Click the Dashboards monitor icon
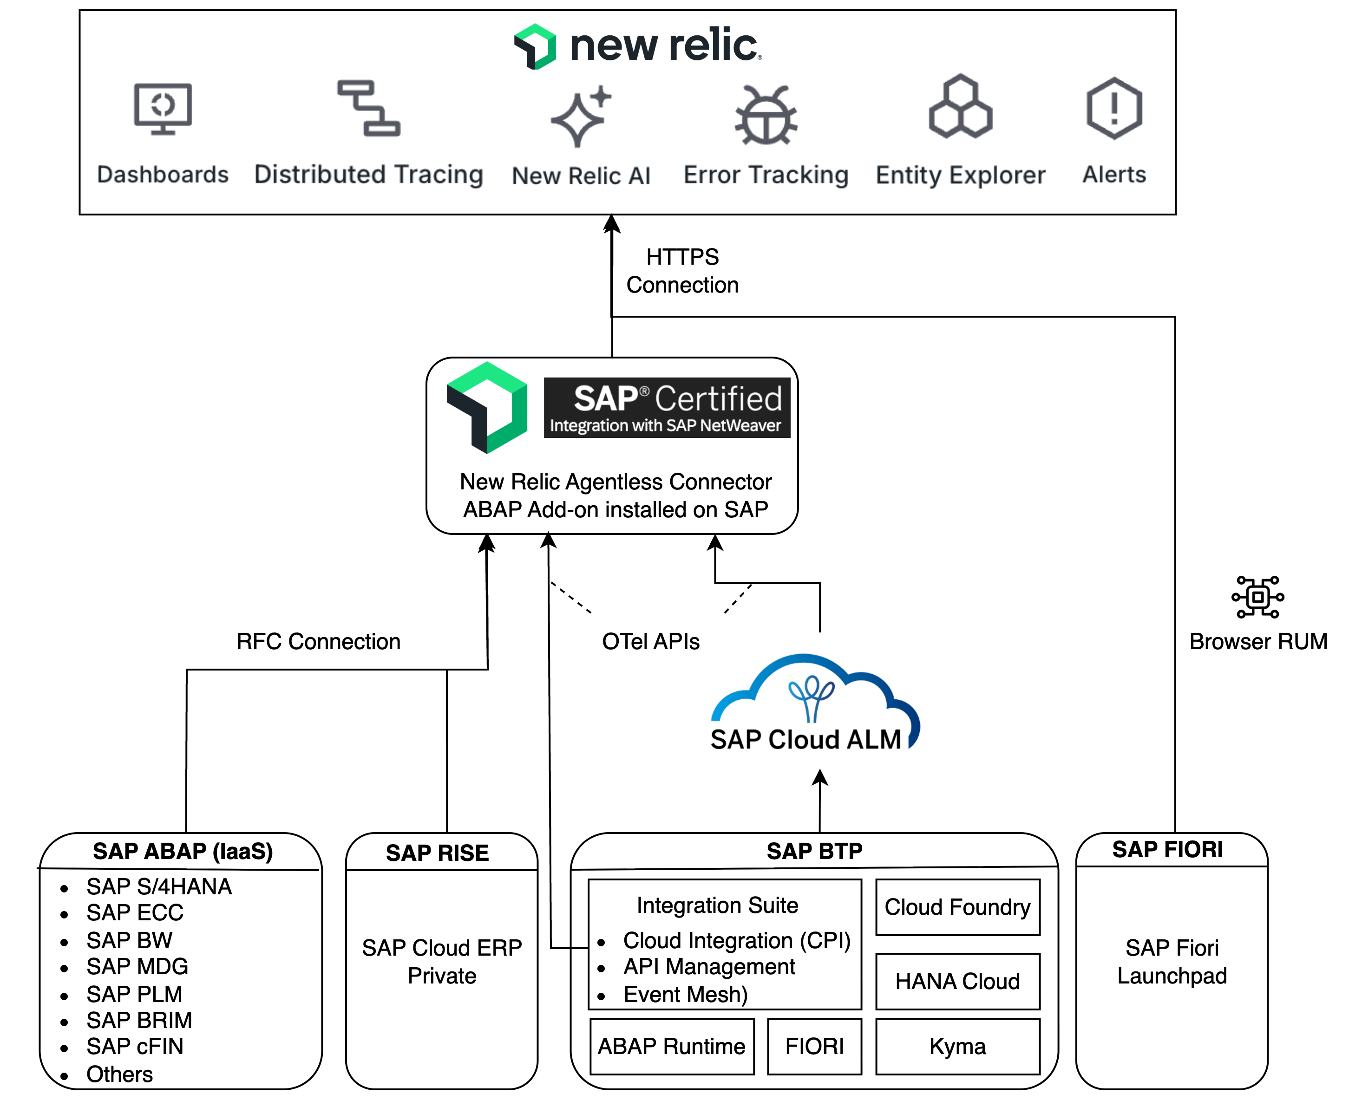click(x=163, y=108)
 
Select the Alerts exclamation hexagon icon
click(x=1113, y=108)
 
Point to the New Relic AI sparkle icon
click(x=580, y=116)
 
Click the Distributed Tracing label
click(x=368, y=175)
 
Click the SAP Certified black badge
click(x=666, y=407)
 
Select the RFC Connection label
click(x=318, y=641)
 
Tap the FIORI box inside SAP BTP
click(x=814, y=1046)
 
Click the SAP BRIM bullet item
click(x=139, y=1020)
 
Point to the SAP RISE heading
click(x=437, y=853)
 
